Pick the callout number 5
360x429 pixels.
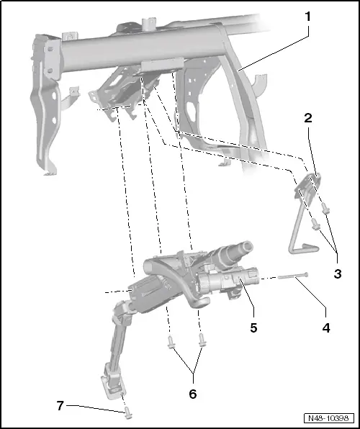pyautogui.click(x=253, y=327)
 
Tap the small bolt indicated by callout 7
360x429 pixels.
pyautogui.click(x=127, y=412)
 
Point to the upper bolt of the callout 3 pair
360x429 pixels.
pyautogui.click(x=325, y=209)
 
